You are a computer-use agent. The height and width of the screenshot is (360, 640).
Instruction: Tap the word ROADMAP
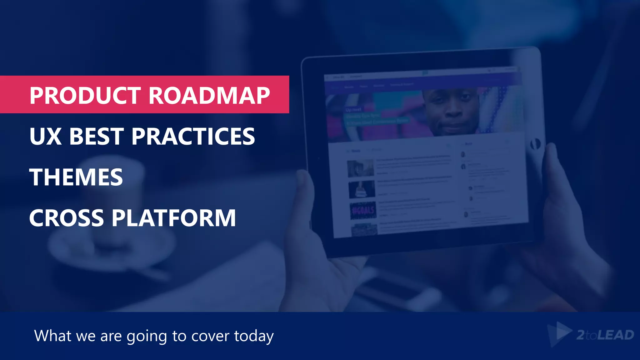pos(209,95)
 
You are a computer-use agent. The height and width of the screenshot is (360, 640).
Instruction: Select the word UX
pos(45,136)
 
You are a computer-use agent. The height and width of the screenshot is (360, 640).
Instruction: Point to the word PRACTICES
pos(193,136)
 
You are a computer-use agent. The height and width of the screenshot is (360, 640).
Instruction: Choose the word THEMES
pos(76,177)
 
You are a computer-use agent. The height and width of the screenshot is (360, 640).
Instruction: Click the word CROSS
pos(67,218)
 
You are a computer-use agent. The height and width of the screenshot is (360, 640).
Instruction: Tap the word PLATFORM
pos(174,218)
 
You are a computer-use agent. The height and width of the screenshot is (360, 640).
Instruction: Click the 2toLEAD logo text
pos(605,335)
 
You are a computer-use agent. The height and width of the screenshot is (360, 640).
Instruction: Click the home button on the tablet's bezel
pos(535,144)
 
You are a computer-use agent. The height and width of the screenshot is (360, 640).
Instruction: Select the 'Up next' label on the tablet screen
pos(353,110)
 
